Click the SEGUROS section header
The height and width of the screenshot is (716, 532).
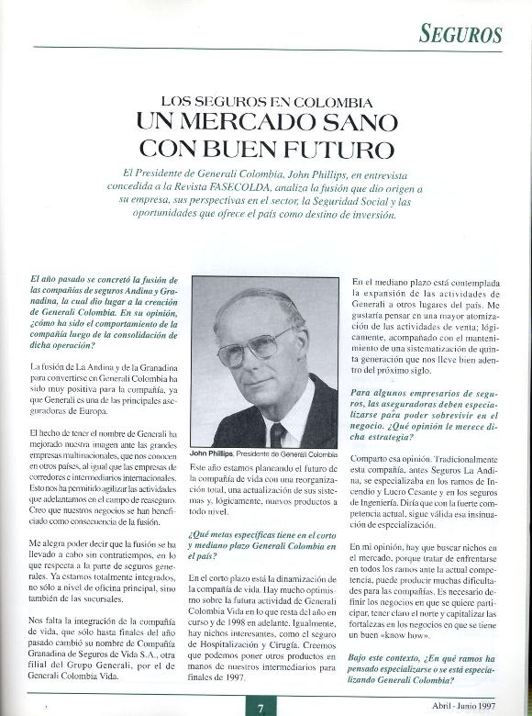(x=461, y=35)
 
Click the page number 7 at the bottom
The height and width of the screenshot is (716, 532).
(x=260, y=707)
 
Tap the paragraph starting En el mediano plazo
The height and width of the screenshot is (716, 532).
(x=427, y=329)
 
